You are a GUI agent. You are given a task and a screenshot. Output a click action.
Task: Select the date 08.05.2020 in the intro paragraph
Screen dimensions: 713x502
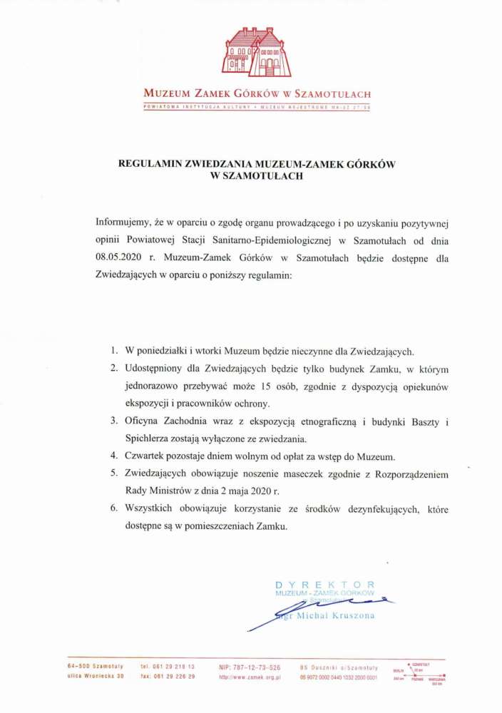tap(120, 258)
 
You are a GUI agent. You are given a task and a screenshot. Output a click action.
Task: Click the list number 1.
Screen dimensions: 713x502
tap(113, 352)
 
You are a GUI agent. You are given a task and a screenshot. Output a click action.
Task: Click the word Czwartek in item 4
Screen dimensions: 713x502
tap(147, 455)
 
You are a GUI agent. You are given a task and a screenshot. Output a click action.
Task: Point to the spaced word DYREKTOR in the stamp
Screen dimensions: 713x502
tap(324, 585)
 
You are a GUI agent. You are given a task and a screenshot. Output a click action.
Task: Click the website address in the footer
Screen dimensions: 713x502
tap(250, 677)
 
